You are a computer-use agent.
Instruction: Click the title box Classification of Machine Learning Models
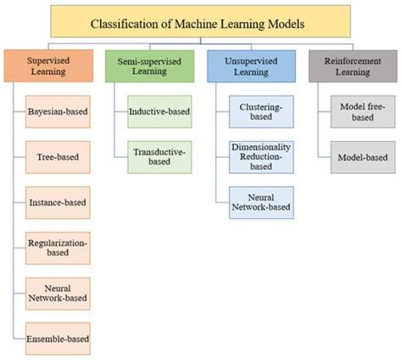tap(200, 24)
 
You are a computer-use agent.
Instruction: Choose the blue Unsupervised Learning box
tap(250, 67)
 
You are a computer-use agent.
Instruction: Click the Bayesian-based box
tap(57, 110)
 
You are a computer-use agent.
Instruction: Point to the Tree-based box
tap(57, 156)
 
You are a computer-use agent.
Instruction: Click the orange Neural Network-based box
tap(57, 293)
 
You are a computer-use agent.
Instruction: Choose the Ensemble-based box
tap(57, 339)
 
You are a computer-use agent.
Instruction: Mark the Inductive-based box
tap(159, 110)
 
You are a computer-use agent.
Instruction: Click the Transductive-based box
tap(159, 156)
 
